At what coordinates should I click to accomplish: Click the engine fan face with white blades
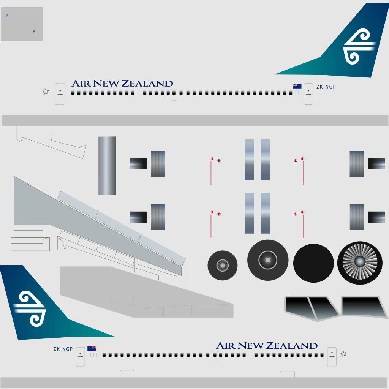360,263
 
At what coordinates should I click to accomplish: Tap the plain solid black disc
313,263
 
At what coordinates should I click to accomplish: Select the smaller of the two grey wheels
223,266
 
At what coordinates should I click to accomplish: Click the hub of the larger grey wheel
268,260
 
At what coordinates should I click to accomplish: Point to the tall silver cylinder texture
107,166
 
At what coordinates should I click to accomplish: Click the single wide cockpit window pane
364,307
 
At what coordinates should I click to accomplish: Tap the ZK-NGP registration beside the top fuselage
326,87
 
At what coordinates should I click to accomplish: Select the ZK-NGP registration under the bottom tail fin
63,349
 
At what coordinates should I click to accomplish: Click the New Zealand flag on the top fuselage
297,86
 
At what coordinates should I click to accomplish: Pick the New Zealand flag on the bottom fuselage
92,349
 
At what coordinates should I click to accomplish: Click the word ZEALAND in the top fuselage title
147,84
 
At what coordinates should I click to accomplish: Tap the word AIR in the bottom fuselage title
226,346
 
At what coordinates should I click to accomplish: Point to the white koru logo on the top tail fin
359,46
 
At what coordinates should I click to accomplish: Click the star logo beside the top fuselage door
46,92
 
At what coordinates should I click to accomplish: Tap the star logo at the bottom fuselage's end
343,354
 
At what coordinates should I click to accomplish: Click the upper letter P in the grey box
7,16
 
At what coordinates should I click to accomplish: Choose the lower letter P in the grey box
34,32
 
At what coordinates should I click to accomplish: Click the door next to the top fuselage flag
308,94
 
